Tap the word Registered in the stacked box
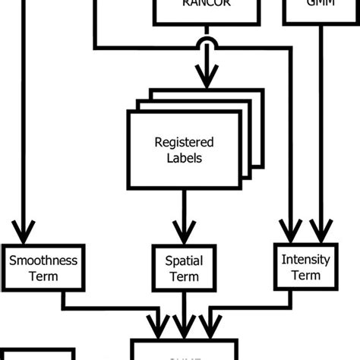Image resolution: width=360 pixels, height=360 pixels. click(184, 143)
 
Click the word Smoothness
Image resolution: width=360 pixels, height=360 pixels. click(43, 260)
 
